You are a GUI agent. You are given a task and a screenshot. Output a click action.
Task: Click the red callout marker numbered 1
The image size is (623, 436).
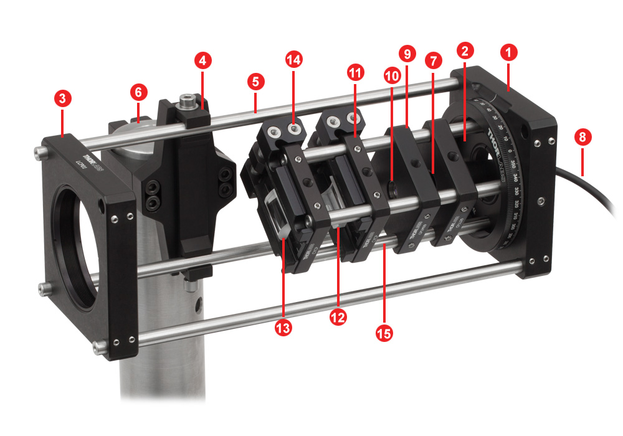[509, 53]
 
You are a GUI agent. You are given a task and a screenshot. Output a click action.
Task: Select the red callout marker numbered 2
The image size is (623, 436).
[464, 49]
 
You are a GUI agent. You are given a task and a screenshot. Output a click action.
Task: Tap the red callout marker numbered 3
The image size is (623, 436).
[62, 97]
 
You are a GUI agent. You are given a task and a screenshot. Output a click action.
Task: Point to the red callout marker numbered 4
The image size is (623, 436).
[203, 60]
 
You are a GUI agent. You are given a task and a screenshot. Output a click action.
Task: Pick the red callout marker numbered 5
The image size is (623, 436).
[255, 81]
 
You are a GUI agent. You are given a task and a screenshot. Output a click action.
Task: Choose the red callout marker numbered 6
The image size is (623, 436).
[138, 92]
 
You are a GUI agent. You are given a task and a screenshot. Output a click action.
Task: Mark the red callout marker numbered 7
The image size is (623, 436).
[433, 60]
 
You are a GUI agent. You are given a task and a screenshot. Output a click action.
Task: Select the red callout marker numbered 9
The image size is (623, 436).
[407, 54]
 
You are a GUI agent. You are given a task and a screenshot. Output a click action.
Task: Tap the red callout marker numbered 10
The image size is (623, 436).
[392, 76]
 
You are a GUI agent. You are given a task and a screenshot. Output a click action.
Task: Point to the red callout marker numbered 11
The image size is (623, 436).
[355, 73]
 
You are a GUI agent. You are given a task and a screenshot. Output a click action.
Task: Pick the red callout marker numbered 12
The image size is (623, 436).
[338, 316]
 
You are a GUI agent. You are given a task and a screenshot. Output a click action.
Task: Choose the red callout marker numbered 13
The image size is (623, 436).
[283, 327]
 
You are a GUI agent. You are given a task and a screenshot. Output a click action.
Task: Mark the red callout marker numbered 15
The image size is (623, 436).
[384, 333]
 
